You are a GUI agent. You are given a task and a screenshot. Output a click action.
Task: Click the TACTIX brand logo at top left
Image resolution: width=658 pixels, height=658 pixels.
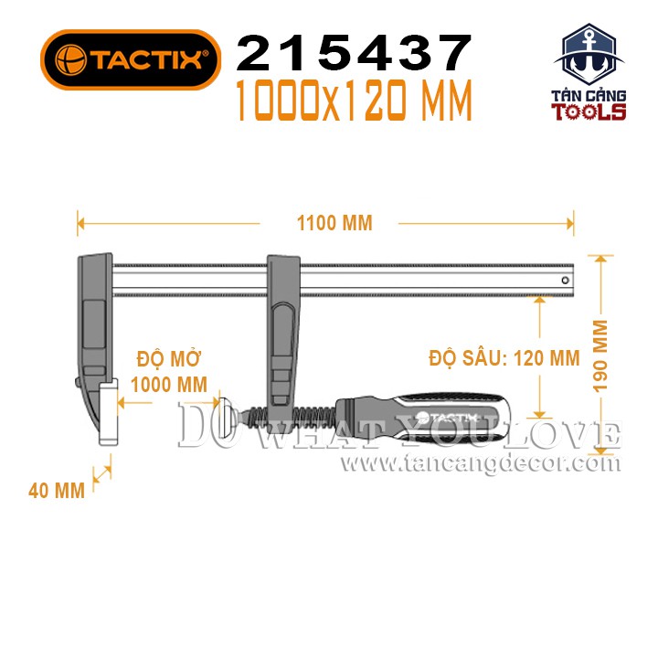pos(131,59)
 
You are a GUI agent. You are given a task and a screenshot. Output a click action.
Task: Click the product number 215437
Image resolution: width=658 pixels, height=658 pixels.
pos(355,53)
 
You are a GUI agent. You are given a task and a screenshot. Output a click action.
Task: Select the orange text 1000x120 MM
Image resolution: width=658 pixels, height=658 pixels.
pos(355,101)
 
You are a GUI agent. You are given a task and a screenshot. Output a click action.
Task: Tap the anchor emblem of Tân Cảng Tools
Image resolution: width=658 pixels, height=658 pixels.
pos(589,55)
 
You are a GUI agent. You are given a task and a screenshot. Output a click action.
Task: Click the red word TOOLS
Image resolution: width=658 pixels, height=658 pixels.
pos(589,112)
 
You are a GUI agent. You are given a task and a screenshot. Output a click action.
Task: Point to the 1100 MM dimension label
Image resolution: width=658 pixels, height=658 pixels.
pos(334,223)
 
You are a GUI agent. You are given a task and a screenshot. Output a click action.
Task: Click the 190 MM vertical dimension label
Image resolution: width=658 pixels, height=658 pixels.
pos(600,356)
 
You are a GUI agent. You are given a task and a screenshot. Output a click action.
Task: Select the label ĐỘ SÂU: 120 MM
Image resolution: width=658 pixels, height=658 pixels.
pos(504,358)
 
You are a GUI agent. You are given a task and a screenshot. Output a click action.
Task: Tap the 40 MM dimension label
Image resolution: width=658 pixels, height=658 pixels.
pos(57,491)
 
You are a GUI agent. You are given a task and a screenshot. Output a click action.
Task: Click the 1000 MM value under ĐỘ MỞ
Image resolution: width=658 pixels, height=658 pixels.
pos(169,385)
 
